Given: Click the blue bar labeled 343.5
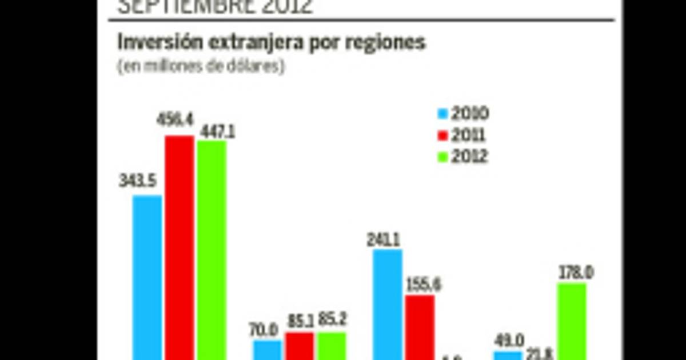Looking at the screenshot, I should click(x=147, y=277).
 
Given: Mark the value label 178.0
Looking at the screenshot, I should click(x=575, y=273).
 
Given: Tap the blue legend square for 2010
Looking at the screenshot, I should click(x=441, y=114).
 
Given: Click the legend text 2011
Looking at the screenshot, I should click(x=468, y=135).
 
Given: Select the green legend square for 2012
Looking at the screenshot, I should click(x=441, y=157).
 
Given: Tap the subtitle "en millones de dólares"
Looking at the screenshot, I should click(x=201, y=66).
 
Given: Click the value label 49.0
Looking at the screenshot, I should click(x=509, y=341).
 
